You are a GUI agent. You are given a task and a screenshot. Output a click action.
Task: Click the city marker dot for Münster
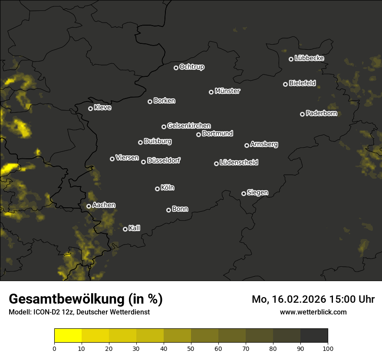pyautogui.click(x=211, y=92)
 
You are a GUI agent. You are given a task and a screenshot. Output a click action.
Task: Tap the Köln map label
pyautogui.click(x=168, y=188)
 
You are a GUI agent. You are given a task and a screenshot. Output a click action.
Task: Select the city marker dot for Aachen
pyautogui.click(x=89, y=206)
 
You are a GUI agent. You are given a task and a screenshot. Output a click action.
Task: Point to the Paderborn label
pyautogui.click(x=321, y=113)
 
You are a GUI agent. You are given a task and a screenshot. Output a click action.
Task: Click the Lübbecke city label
pyautogui.click(x=309, y=58)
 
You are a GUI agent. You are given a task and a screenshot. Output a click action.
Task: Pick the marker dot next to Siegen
pyautogui.click(x=244, y=193)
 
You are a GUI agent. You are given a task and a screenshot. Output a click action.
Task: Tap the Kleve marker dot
pyautogui.click(x=90, y=108)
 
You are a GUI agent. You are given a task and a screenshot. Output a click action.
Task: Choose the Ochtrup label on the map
pyautogui.click(x=191, y=67)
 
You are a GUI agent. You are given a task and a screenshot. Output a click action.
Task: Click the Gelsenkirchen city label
pyautogui.click(x=189, y=126)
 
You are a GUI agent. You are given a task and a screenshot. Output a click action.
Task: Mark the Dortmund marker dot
pyautogui.click(x=198, y=134)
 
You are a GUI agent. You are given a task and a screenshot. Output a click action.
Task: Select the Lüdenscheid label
pyautogui.click(x=239, y=163)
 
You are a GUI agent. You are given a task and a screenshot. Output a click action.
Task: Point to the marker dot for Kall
pyautogui.click(x=125, y=229)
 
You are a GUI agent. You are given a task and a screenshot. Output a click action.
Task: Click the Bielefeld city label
pyautogui.click(x=302, y=83)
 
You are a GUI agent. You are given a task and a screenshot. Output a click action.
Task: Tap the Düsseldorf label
pyautogui.click(x=164, y=160)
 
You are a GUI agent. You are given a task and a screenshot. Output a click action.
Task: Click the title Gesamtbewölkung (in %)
pyautogui.click(x=86, y=299)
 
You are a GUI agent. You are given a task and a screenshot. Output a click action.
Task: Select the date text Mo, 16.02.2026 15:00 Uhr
pyautogui.click(x=313, y=299)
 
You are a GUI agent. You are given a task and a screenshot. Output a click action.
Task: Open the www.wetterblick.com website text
pyautogui.click(x=313, y=312)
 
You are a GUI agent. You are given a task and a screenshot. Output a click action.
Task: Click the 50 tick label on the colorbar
pyautogui.click(x=191, y=348)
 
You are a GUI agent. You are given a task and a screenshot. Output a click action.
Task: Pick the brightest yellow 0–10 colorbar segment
pyautogui.click(x=68, y=335)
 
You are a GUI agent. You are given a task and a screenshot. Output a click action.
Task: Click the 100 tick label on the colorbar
pyautogui.click(x=328, y=348)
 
